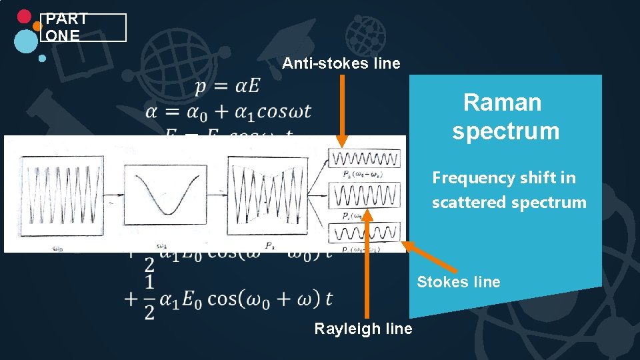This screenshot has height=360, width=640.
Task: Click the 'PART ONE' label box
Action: pos(83,27)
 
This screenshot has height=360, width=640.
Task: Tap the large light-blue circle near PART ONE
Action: pos(26,41)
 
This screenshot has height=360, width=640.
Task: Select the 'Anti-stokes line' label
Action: pos(341,64)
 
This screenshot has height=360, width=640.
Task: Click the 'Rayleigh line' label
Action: pos(363,329)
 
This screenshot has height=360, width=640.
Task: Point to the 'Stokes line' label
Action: pos(458,282)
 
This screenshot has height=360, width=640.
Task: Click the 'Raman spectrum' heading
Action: pos(505,117)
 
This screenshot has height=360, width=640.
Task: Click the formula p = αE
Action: pos(227,87)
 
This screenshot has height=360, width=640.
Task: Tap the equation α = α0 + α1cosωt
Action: pos(229,111)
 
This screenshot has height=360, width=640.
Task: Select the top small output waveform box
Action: pos(365,159)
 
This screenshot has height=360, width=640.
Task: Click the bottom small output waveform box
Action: pos(365,233)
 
